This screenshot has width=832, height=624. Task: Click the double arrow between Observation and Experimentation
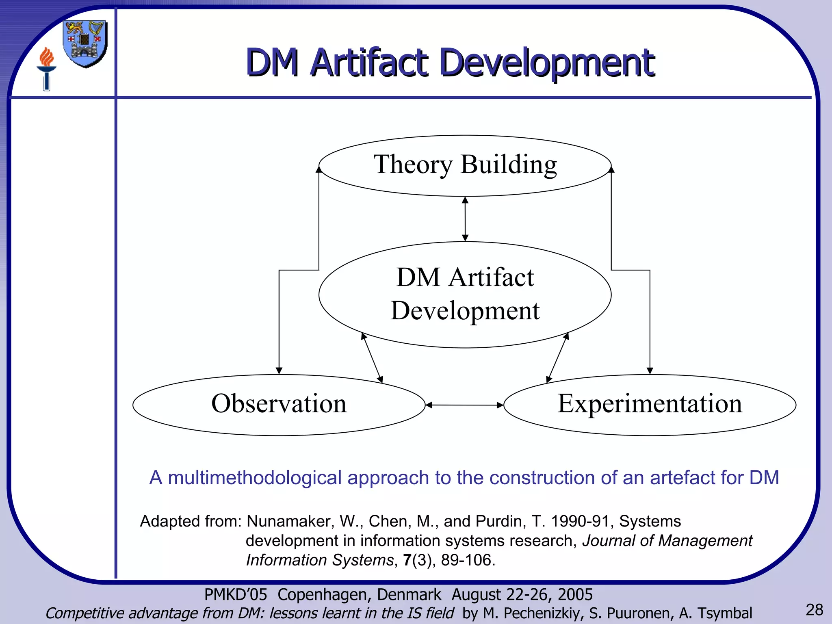[x=464, y=405]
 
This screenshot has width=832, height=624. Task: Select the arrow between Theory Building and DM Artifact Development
[x=465, y=219]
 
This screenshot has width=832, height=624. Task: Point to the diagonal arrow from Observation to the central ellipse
[x=372, y=358]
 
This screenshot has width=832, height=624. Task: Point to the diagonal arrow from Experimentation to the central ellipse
[x=557, y=358]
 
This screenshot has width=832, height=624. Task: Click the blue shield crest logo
[x=85, y=44]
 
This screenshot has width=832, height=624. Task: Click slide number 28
[x=814, y=610]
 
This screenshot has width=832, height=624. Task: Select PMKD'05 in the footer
[x=236, y=595]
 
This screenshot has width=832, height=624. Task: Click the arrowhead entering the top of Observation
[x=279, y=370]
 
